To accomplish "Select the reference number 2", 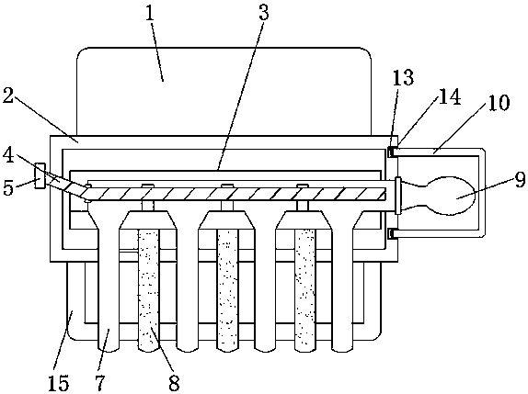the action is pos(8,95).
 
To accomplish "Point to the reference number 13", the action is pos(404,78).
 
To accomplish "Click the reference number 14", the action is pos(450,96).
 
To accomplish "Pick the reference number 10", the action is pos(499,102).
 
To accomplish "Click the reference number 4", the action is pos(9,155).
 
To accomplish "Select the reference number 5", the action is pos(8,186).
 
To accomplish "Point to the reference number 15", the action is pos(59,382).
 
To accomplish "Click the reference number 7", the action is pos(100,382).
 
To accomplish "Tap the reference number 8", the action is pos(174,382).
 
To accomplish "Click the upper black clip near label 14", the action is pos(391,152).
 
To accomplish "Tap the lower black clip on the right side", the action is pos(391,233).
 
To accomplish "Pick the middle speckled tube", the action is pos(228,290).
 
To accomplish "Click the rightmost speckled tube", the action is pos(305,290).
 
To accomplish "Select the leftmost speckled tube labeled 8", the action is pos(148,290).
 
